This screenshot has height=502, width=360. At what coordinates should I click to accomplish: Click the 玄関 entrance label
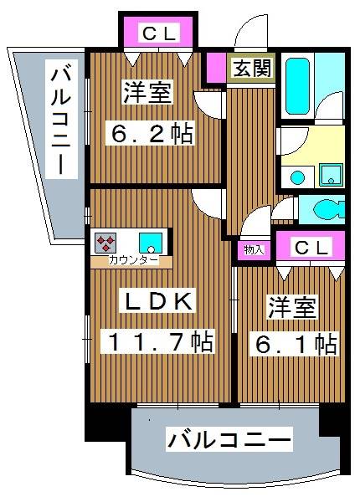[251, 68]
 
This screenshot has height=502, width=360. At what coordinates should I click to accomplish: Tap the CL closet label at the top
[159, 34]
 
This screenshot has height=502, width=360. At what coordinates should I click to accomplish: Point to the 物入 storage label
[255, 248]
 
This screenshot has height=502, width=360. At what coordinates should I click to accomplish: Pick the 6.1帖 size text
[293, 342]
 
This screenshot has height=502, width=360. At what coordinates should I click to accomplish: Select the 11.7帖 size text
[157, 341]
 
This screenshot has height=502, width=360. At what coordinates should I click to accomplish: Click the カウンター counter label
[131, 261]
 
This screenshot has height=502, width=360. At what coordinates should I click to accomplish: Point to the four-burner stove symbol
[106, 243]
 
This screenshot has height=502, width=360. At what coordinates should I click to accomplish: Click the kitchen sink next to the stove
[151, 243]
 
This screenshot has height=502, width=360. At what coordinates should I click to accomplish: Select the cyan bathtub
[298, 87]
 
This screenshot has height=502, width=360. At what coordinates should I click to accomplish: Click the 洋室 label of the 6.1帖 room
[292, 306]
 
